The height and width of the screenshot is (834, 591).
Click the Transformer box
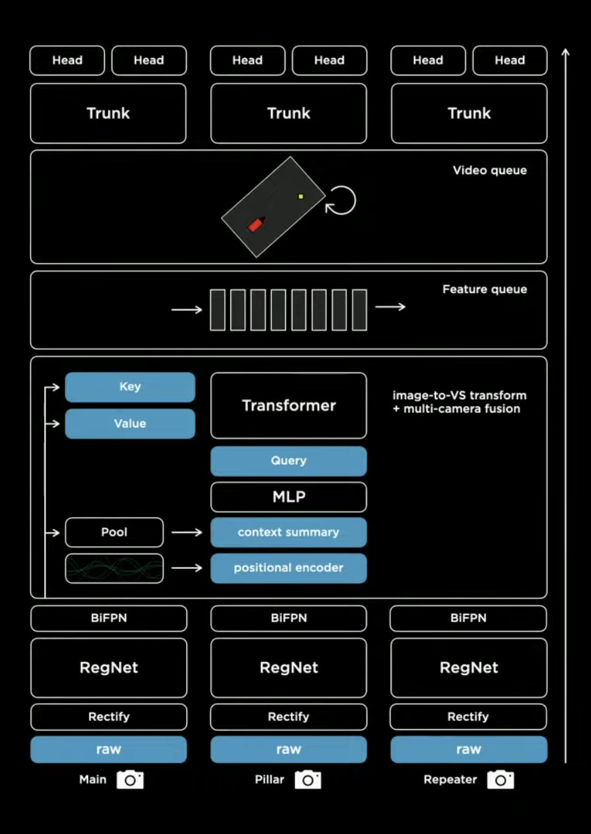pyautogui.click(x=288, y=405)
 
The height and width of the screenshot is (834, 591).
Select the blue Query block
pyautogui.click(x=288, y=461)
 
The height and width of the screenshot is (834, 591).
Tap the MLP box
pyautogui.click(x=288, y=497)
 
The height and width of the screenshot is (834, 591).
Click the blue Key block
pyautogui.click(x=130, y=387)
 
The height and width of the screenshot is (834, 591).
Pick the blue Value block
pyautogui.click(x=130, y=423)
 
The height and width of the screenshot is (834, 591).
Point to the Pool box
pyautogui.click(x=114, y=532)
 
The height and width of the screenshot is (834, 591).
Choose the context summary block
pyautogui.click(x=288, y=532)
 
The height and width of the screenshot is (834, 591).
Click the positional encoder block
pyautogui.click(x=288, y=568)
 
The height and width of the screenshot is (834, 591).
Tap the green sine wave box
pyautogui.click(x=114, y=568)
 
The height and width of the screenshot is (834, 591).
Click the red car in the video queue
pyautogui.click(x=255, y=224)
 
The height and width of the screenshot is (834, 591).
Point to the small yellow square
pyautogui.click(x=301, y=196)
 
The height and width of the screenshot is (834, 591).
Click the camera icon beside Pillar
pyautogui.click(x=308, y=779)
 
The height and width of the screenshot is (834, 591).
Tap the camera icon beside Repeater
pyautogui.click(x=500, y=779)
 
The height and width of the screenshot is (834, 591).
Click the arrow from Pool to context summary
pyautogui.click(x=187, y=532)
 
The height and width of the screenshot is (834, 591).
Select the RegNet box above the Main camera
pyautogui.click(x=109, y=668)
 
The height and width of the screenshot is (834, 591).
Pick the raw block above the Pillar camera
pyautogui.click(x=288, y=749)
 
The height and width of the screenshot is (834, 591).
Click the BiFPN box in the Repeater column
pyautogui.click(x=468, y=618)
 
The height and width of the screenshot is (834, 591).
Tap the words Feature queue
pyautogui.click(x=485, y=289)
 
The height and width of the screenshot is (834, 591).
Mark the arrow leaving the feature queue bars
pyautogui.click(x=390, y=306)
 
